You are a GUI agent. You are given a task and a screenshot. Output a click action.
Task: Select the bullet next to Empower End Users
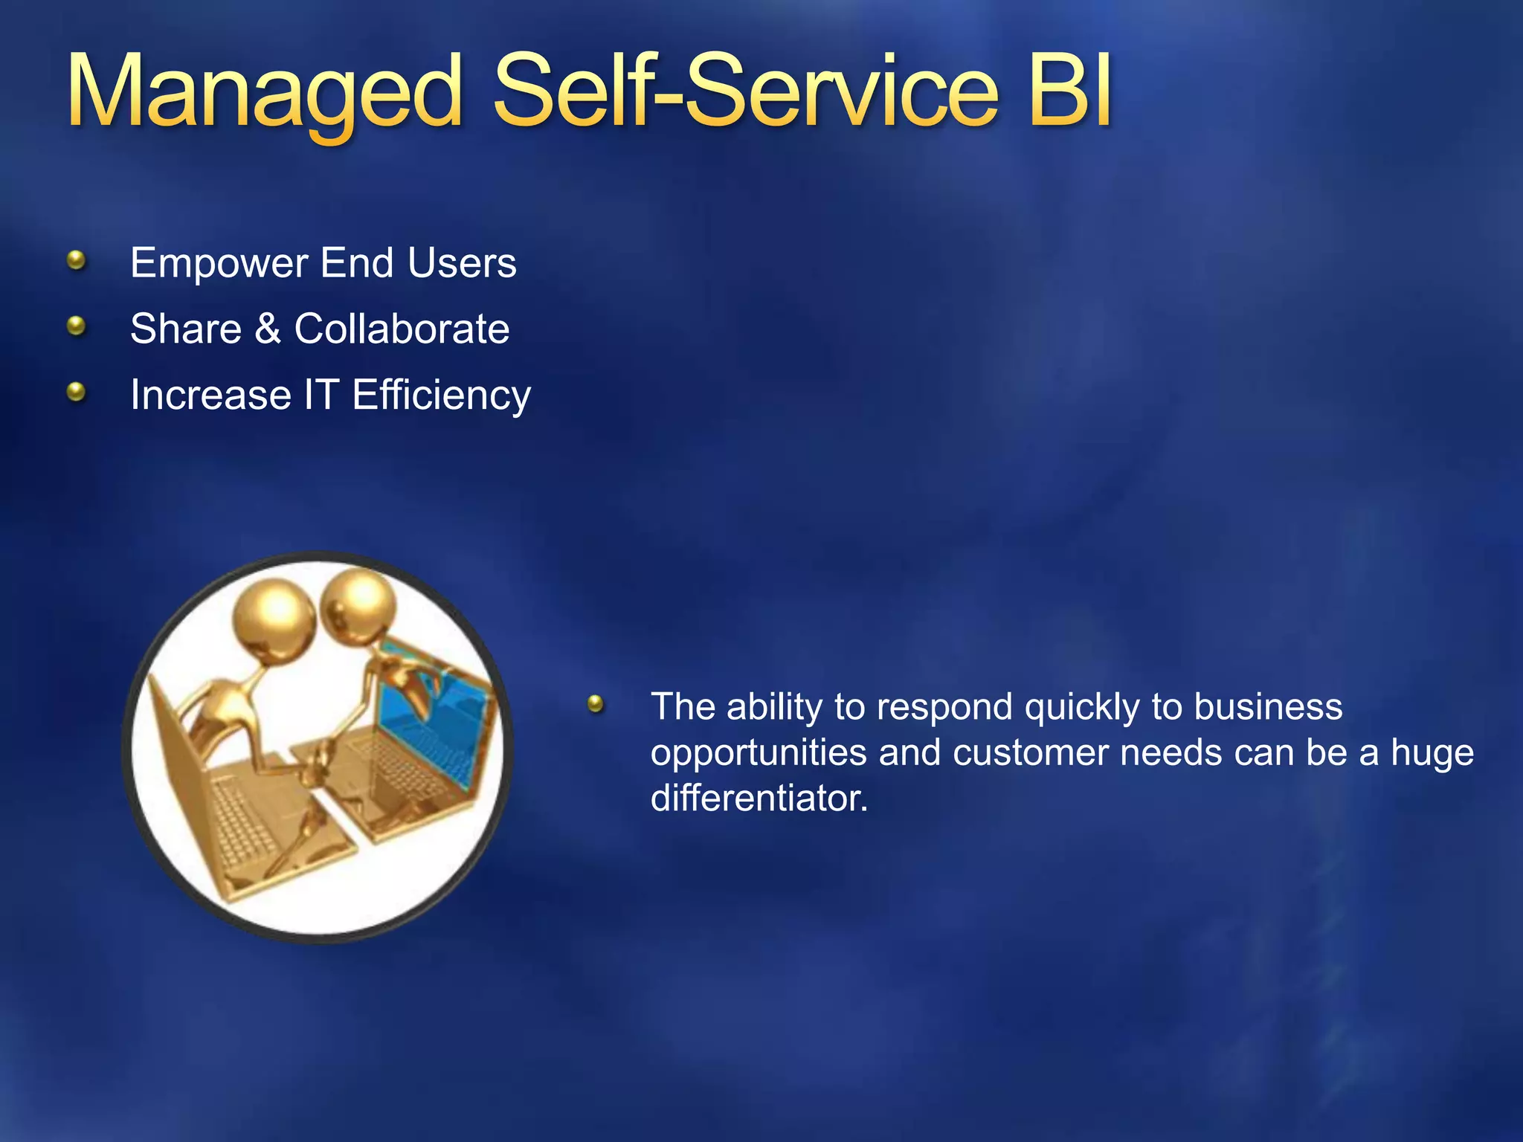[x=76, y=260]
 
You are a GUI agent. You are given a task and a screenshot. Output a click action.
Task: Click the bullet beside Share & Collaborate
[x=76, y=326]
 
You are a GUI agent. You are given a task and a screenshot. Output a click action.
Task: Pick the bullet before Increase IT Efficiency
[x=76, y=391]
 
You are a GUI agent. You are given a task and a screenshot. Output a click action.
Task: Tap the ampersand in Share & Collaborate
[x=268, y=329]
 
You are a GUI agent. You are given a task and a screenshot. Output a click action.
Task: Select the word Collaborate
[x=402, y=329]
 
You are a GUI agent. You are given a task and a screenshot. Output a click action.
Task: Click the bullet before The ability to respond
[x=596, y=703]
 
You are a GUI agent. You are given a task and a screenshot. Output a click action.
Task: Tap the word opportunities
[x=759, y=753]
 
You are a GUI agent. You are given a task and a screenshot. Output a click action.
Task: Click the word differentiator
[x=759, y=799]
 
